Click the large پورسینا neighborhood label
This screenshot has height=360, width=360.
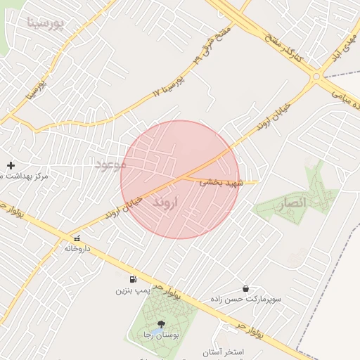click(x=45, y=22)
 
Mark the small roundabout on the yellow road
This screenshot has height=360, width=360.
click(x=316, y=77)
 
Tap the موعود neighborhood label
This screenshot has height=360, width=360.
click(x=110, y=164)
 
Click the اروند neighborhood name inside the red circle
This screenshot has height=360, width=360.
click(x=167, y=202)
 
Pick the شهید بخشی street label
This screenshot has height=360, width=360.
click(x=220, y=181)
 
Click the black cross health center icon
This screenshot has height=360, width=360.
click(x=11, y=165)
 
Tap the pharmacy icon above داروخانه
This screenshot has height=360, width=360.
click(x=77, y=238)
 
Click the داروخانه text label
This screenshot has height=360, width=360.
click(x=77, y=248)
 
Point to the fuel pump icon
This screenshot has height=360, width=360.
click(x=133, y=279)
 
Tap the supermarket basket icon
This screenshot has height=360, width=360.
click(x=245, y=288)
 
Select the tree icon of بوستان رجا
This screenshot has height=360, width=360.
click(x=162, y=324)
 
